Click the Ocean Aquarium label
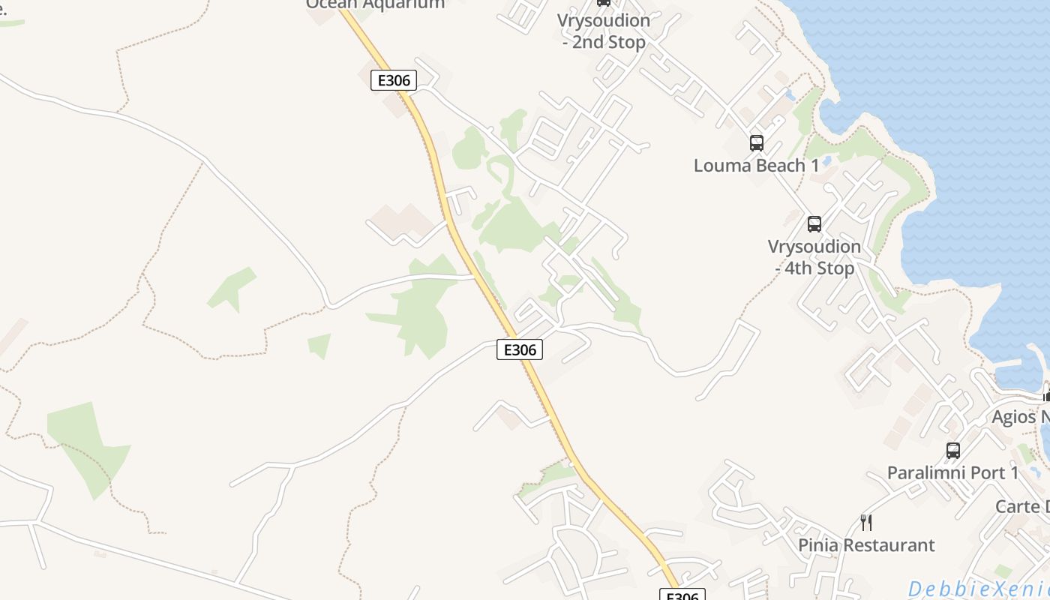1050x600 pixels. tap(375, 4)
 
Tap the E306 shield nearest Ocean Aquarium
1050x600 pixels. tap(393, 80)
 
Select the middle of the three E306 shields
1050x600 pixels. tap(519, 349)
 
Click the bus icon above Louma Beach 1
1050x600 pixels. tap(756, 142)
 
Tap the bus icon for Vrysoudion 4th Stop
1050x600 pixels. tap(814, 223)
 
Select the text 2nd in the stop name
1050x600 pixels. tap(589, 43)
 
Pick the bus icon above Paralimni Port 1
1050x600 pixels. tap(952, 450)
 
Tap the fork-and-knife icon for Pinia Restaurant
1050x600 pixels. tap(866, 522)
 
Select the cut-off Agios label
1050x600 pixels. tap(1020, 417)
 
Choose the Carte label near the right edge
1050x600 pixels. tap(1021, 506)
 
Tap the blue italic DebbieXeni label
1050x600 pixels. tap(979, 589)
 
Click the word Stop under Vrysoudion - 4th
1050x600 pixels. tap(835, 268)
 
